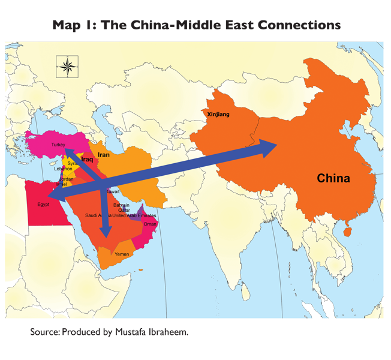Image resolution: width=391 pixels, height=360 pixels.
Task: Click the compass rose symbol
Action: click(66, 67)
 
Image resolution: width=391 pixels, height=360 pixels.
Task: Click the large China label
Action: click(333, 178)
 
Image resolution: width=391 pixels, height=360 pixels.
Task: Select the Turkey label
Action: click(58, 145)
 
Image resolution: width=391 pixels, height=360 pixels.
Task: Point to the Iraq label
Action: click(87, 160)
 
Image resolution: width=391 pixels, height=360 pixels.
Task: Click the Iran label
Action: click(103, 154)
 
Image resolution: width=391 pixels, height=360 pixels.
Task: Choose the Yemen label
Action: click(122, 254)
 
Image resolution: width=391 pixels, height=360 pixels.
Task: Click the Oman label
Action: click(150, 224)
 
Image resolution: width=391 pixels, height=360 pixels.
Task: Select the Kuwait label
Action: click(113, 191)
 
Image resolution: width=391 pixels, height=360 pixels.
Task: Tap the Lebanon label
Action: click(63, 169)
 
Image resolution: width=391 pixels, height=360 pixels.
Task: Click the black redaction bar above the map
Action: click(197, 26)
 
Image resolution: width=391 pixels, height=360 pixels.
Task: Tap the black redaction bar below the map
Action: click(109, 332)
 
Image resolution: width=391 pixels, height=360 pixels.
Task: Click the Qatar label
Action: click(124, 211)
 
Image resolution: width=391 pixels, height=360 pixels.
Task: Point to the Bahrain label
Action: click(121, 205)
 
